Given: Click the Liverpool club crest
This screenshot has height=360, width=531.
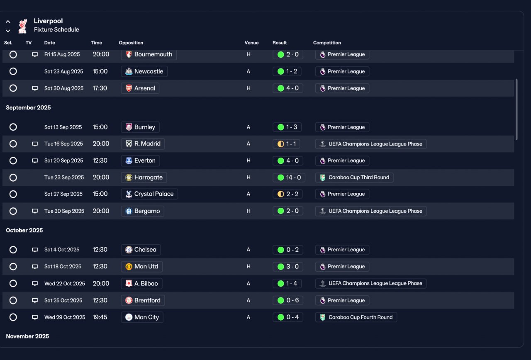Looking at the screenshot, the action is [23, 26].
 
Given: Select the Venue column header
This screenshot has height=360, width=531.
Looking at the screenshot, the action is [251, 43].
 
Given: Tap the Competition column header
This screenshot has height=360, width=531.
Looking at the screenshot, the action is [327, 43].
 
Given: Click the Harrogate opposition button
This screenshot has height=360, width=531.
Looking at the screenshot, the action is [144, 178].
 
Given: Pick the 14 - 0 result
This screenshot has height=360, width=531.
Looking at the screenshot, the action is [289, 178].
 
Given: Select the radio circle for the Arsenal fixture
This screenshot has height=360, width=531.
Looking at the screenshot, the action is [13, 88].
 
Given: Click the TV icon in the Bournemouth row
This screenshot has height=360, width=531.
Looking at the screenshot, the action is [35, 54].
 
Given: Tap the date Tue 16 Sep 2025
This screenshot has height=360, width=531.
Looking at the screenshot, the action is [63, 144].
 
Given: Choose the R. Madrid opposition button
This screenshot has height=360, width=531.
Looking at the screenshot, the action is [143, 144].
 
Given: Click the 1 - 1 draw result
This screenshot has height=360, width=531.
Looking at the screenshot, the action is [286, 144].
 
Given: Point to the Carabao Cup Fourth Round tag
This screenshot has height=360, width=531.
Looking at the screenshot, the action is [356, 317].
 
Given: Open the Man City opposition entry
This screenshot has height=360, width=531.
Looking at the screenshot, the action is [142, 317].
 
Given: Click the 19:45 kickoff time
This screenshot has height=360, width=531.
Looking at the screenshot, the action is [100, 317].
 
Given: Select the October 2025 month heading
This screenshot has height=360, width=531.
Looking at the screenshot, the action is [24, 230].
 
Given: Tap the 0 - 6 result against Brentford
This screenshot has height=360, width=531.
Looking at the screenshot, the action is [288, 301].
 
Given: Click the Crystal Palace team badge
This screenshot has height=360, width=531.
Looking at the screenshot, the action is [129, 194].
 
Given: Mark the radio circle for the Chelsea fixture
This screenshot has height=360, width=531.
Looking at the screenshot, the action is [13, 250].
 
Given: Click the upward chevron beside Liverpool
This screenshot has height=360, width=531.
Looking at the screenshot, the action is [8, 22].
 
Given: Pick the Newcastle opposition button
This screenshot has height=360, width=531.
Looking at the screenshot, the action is [144, 71].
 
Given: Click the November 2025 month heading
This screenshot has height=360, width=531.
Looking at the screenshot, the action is [27, 336].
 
